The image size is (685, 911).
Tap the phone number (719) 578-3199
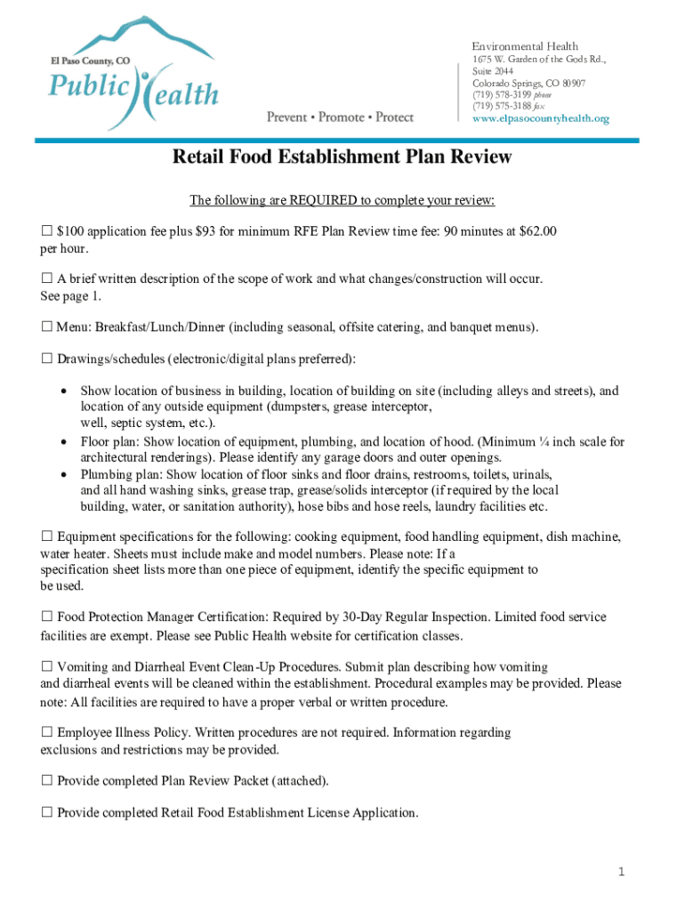coord(503,95)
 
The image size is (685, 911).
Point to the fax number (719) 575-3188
coord(503,107)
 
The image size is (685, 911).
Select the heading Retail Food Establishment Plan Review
coord(342,157)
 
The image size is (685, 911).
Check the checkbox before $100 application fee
coord(47,232)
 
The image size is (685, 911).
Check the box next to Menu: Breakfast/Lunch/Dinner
coord(47,327)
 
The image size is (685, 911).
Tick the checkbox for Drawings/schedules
coord(47,359)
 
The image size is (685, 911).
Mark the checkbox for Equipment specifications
coord(47,537)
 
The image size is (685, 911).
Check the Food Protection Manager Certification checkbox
coord(47,617)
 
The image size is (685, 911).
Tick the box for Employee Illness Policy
coord(47,733)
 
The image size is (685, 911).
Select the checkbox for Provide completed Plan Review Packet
coord(47,781)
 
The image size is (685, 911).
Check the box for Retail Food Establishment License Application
coord(47,813)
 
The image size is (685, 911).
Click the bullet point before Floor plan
coord(63,442)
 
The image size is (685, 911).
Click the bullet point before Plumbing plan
coord(63,475)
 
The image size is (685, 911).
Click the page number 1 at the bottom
coord(622,873)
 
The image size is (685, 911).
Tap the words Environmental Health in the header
coord(524,46)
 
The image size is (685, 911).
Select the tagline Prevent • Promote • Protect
coord(341,117)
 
